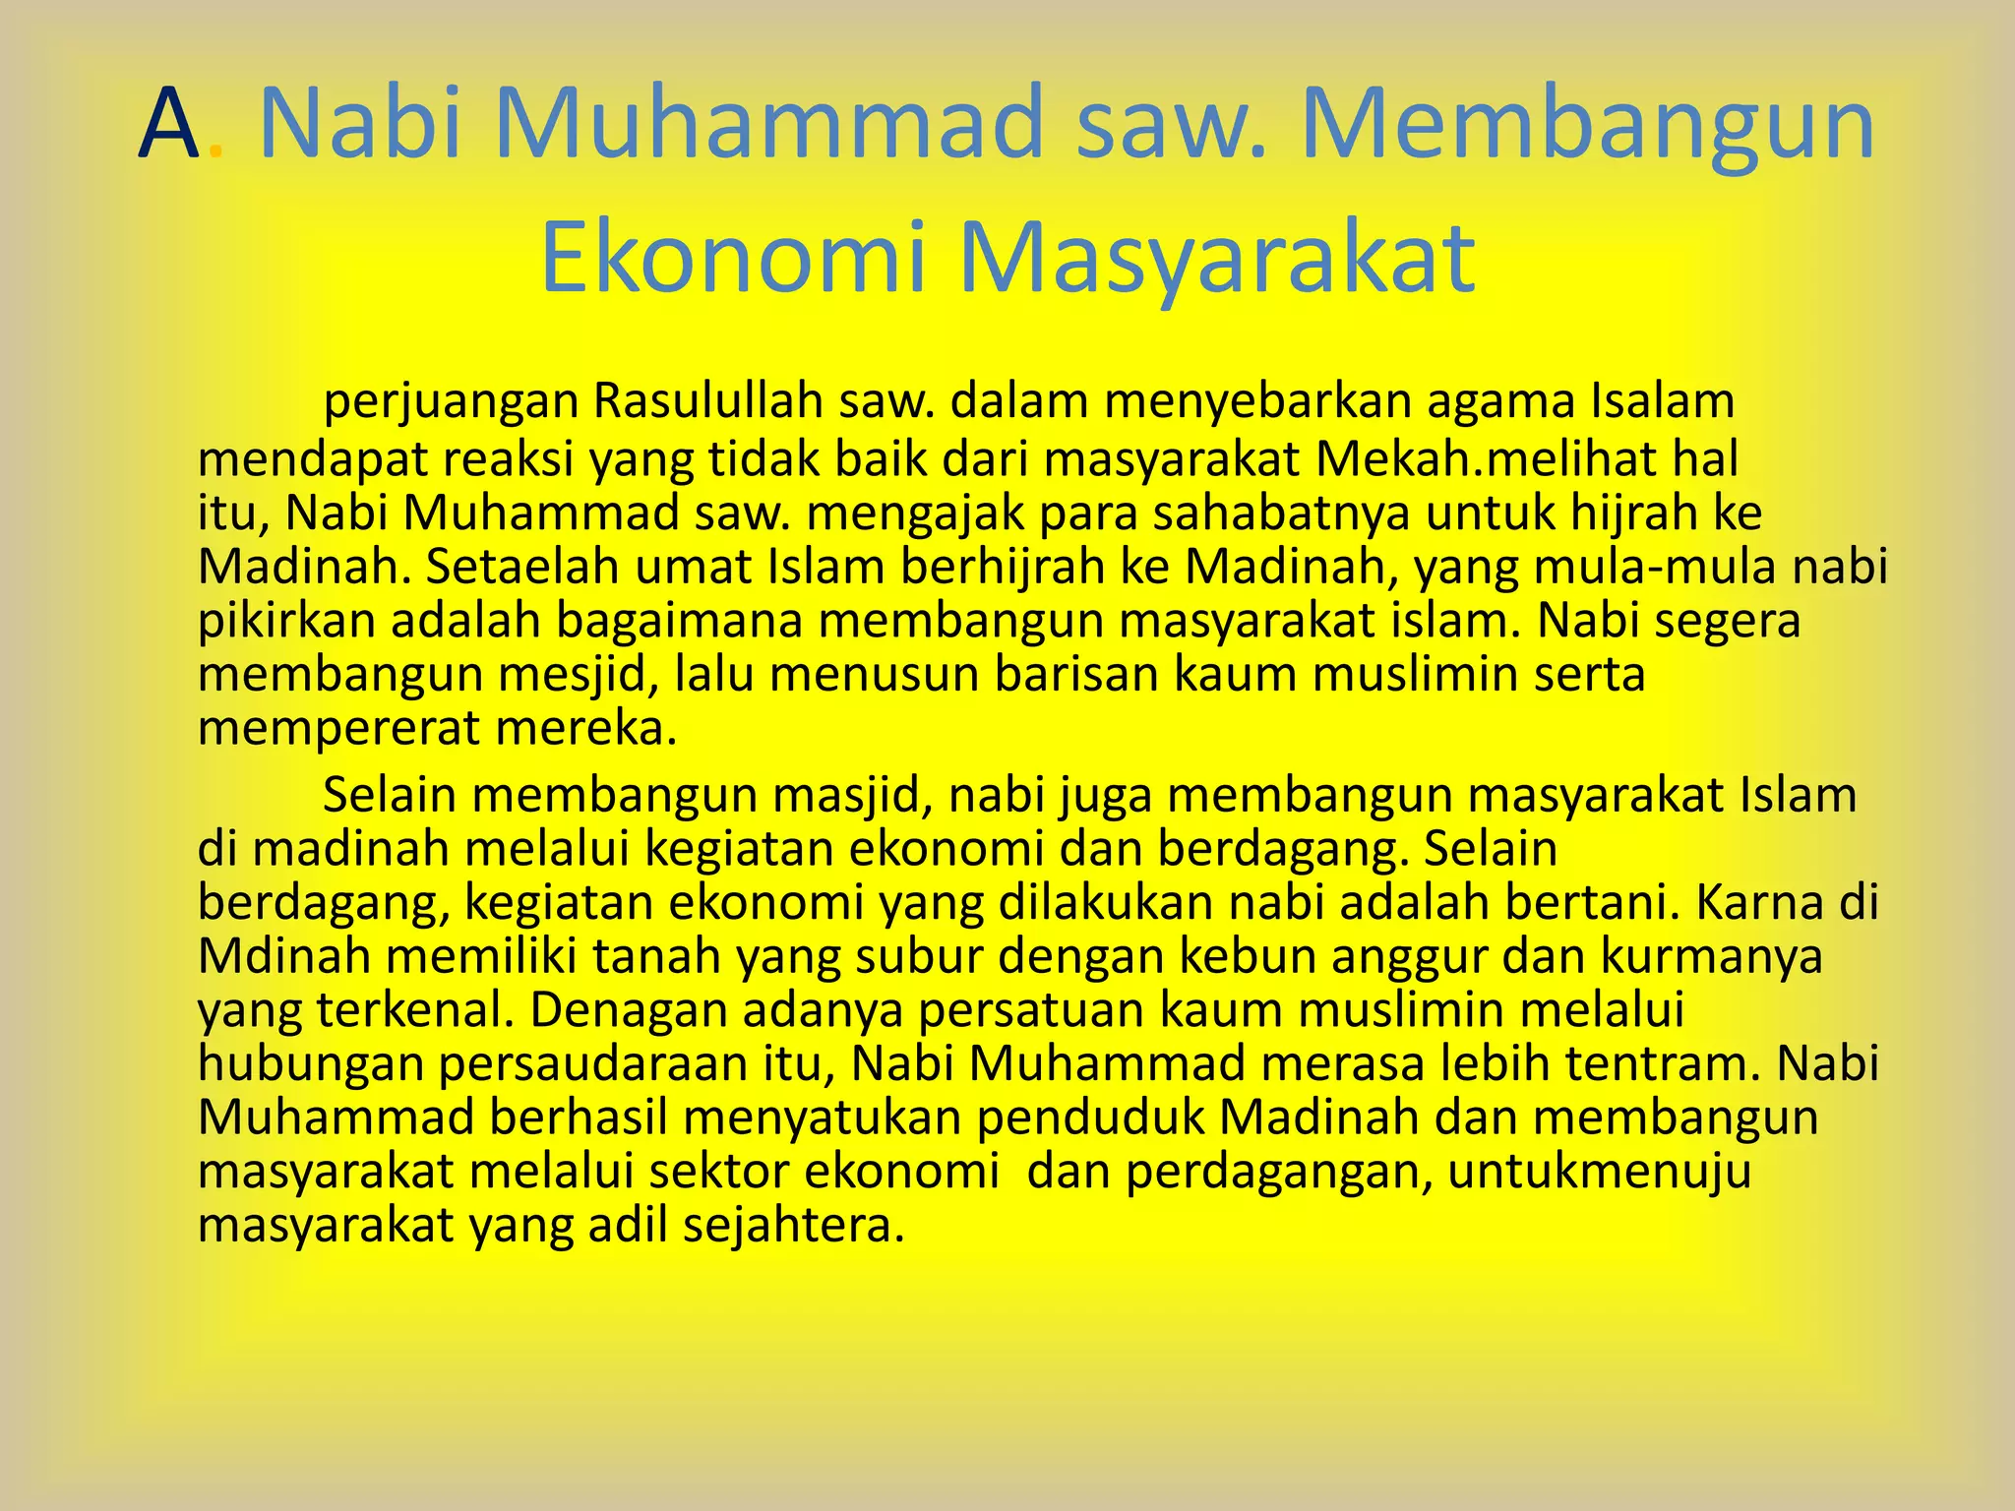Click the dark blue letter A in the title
pyautogui.click(x=170, y=124)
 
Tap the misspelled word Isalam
pyautogui.click(x=1662, y=400)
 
